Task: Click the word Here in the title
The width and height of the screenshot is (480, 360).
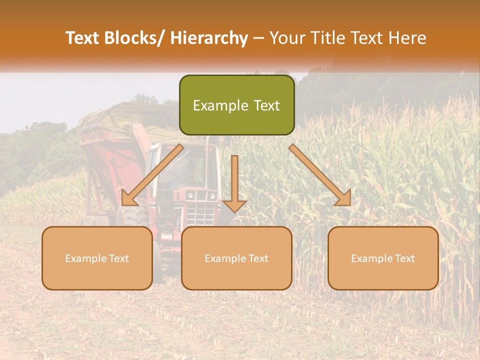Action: click(x=406, y=38)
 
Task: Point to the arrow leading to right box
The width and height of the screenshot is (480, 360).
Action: click(x=320, y=175)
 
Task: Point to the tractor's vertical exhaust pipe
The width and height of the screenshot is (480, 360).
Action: click(x=206, y=160)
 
